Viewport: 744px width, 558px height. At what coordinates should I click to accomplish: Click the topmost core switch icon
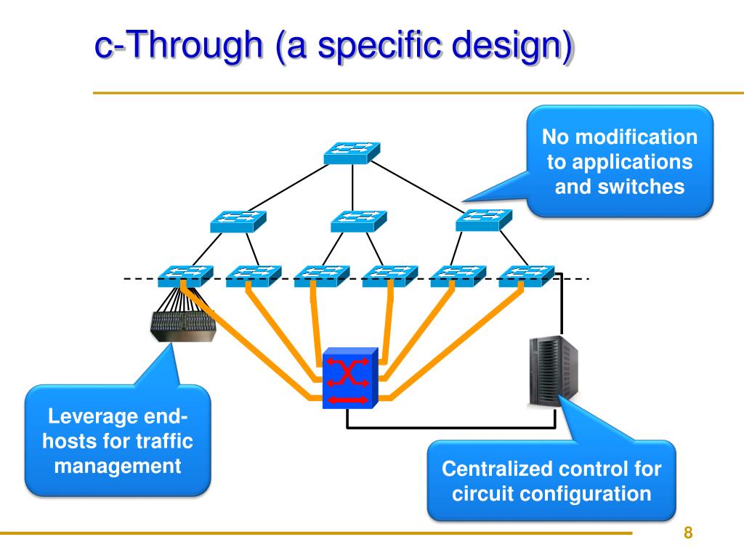(x=352, y=153)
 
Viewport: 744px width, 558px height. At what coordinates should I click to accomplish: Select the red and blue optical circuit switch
(x=350, y=378)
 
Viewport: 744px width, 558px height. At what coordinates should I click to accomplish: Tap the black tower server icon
(x=554, y=371)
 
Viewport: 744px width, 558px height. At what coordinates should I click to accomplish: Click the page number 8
(x=688, y=533)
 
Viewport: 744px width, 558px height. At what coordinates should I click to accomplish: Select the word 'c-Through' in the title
(x=179, y=44)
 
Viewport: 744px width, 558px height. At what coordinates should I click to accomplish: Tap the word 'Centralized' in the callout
(x=499, y=469)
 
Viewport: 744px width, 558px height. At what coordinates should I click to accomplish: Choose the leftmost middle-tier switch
(x=238, y=222)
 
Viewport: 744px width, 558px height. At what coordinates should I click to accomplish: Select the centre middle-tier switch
(x=359, y=221)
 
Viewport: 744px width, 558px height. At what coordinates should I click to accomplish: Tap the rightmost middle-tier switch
(x=484, y=219)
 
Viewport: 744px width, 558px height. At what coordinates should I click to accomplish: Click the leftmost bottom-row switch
(x=185, y=276)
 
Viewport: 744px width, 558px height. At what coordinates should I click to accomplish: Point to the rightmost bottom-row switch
(x=526, y=276)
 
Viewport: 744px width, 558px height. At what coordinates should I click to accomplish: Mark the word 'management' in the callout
(x=118, y=466)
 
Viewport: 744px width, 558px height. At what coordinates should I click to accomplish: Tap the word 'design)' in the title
(x=512, y=46)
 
